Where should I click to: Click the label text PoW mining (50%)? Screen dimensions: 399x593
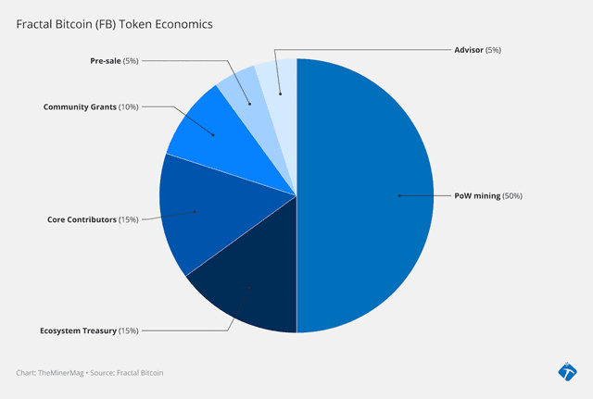point(488,196)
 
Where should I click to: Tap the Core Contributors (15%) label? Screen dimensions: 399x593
point(93,219)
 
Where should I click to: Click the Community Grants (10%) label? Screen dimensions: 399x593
point(91,107)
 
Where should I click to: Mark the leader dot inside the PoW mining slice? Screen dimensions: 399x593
point(398,196)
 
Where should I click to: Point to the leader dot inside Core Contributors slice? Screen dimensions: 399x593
point(196,212)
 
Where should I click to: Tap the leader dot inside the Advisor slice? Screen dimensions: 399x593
point(280,93)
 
